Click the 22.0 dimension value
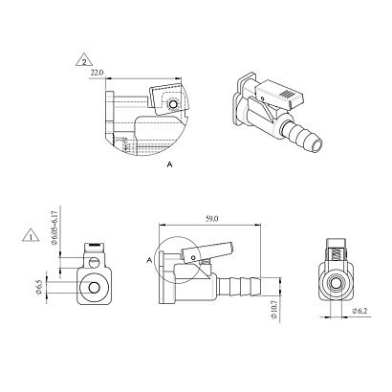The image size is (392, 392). pos(97,73)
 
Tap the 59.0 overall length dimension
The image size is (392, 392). pos(211,219)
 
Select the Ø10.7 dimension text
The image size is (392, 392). pos(274,309)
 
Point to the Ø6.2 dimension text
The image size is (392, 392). pos(359,311)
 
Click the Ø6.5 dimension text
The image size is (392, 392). pos(39,287)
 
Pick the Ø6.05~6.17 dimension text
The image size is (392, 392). pos(54,227)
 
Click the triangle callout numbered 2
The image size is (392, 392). pos(84,60)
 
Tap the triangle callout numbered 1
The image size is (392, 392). pos(31,235)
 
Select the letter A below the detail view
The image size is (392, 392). pos(170,164)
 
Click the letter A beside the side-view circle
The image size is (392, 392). pos(149,261)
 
